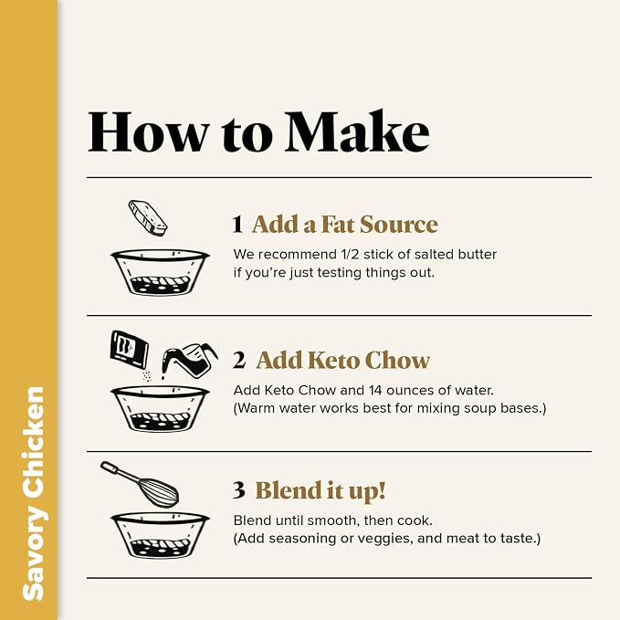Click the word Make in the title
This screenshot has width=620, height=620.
coord(357,131)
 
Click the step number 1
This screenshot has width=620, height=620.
coord(237,225)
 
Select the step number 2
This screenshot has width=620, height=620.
coord(239,360)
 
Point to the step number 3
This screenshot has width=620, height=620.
coord(239,490)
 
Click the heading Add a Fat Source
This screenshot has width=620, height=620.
coord(345,225)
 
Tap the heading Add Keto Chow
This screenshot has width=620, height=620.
coord(342,360)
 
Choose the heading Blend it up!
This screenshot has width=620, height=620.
coord(321,490)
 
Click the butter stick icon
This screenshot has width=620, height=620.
coord(148,217)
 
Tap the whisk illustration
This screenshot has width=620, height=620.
coord(139,483)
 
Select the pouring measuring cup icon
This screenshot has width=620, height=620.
coord(189,361)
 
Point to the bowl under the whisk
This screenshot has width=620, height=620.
coord(160,535)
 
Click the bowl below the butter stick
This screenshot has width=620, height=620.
coord(160,272)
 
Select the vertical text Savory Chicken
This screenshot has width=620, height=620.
coord(33,493)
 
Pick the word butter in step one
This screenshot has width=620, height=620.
coord(478,254)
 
